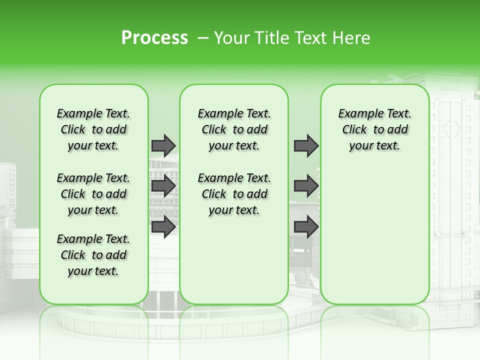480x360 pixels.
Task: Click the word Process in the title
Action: pos(154,38)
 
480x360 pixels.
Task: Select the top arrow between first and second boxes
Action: pos(163,145)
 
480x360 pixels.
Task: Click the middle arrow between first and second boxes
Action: pos(163,186)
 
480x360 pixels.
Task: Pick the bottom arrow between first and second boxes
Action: pos(163,226)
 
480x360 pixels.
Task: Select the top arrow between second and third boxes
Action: pos(306,145)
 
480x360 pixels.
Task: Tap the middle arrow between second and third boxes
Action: pos(306,186)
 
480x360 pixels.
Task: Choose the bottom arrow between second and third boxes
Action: pos(306,226)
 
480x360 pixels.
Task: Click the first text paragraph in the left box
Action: pos(93,129)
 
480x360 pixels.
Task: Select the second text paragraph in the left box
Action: pos(93,194)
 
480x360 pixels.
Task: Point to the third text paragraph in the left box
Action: pos(93,255)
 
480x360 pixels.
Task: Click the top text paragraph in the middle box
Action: pos(234,129)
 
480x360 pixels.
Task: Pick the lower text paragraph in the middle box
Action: pos(234,194)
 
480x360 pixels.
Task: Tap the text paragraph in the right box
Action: pos(374,129)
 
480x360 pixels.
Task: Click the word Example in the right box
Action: pos(356,114)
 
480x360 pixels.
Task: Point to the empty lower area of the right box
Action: pos(374,235)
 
